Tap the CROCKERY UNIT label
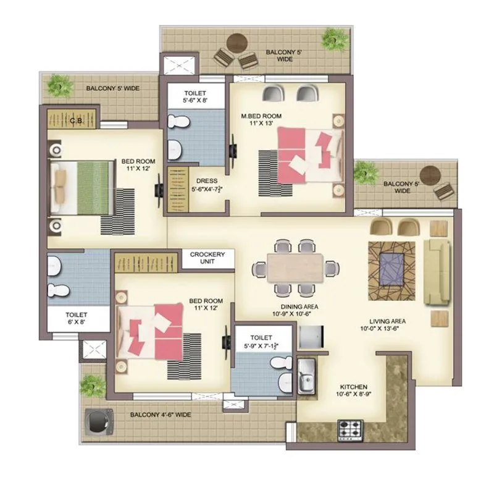(207, 258)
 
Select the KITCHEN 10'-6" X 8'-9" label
(353, 389)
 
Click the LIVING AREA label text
(387, 325)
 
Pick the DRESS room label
(207, 185)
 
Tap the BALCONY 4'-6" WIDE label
(161, 415)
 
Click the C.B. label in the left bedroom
(77, 120)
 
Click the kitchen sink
(306, 378)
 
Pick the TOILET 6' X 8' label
(77, 318)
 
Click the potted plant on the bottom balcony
(93, 384)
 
